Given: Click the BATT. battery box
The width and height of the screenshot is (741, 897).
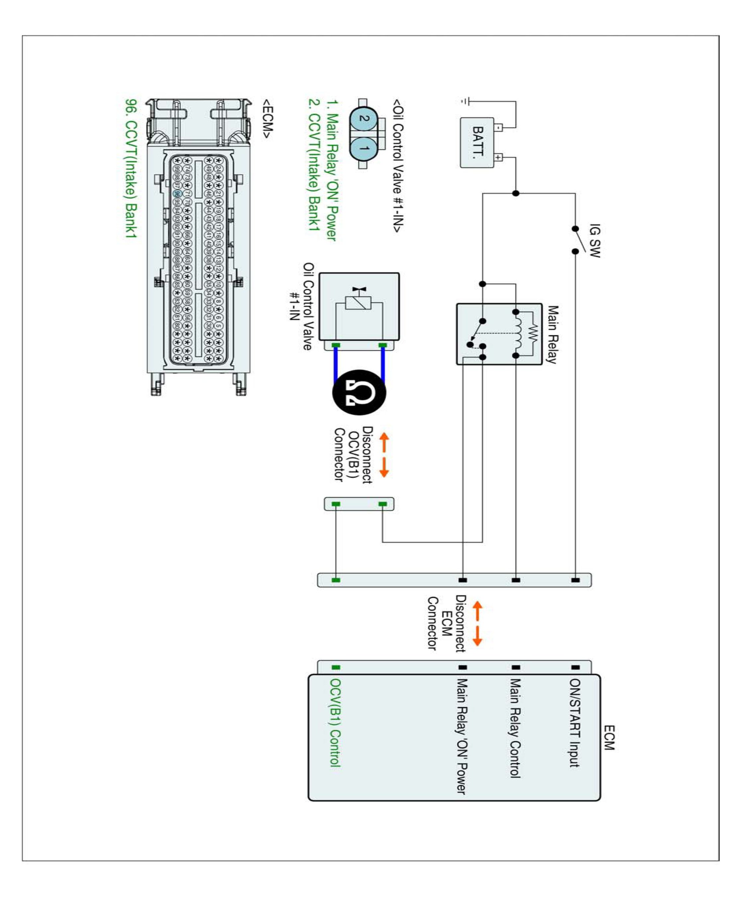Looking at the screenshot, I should (477, 142).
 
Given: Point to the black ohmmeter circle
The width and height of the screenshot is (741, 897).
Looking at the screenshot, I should (359, 392).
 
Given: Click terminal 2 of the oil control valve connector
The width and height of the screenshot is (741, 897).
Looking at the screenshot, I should (363, 119).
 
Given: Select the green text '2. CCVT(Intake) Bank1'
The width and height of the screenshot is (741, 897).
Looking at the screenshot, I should (314, 165).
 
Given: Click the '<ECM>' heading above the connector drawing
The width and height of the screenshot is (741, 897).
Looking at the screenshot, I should (267, 119).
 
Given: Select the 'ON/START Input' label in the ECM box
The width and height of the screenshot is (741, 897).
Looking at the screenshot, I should (575, 723).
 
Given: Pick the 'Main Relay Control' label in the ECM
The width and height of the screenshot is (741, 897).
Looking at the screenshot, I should (516, 728).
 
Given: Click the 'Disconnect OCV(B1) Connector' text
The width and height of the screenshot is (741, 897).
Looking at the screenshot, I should (353, 454).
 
